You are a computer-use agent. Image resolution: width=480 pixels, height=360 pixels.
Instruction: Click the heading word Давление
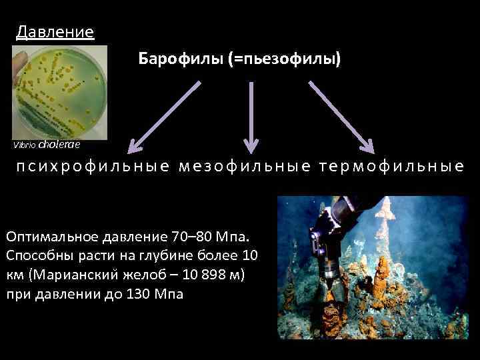(55, 31)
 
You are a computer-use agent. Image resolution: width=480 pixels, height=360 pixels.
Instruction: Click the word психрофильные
(93, 167)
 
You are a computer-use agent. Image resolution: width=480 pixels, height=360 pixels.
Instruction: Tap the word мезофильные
(245, 167)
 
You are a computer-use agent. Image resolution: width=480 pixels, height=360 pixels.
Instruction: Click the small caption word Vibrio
(25, 145)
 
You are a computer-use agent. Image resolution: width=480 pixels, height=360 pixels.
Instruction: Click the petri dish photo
(60, 90)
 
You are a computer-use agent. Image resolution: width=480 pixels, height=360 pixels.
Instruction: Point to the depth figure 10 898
(199, 276)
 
